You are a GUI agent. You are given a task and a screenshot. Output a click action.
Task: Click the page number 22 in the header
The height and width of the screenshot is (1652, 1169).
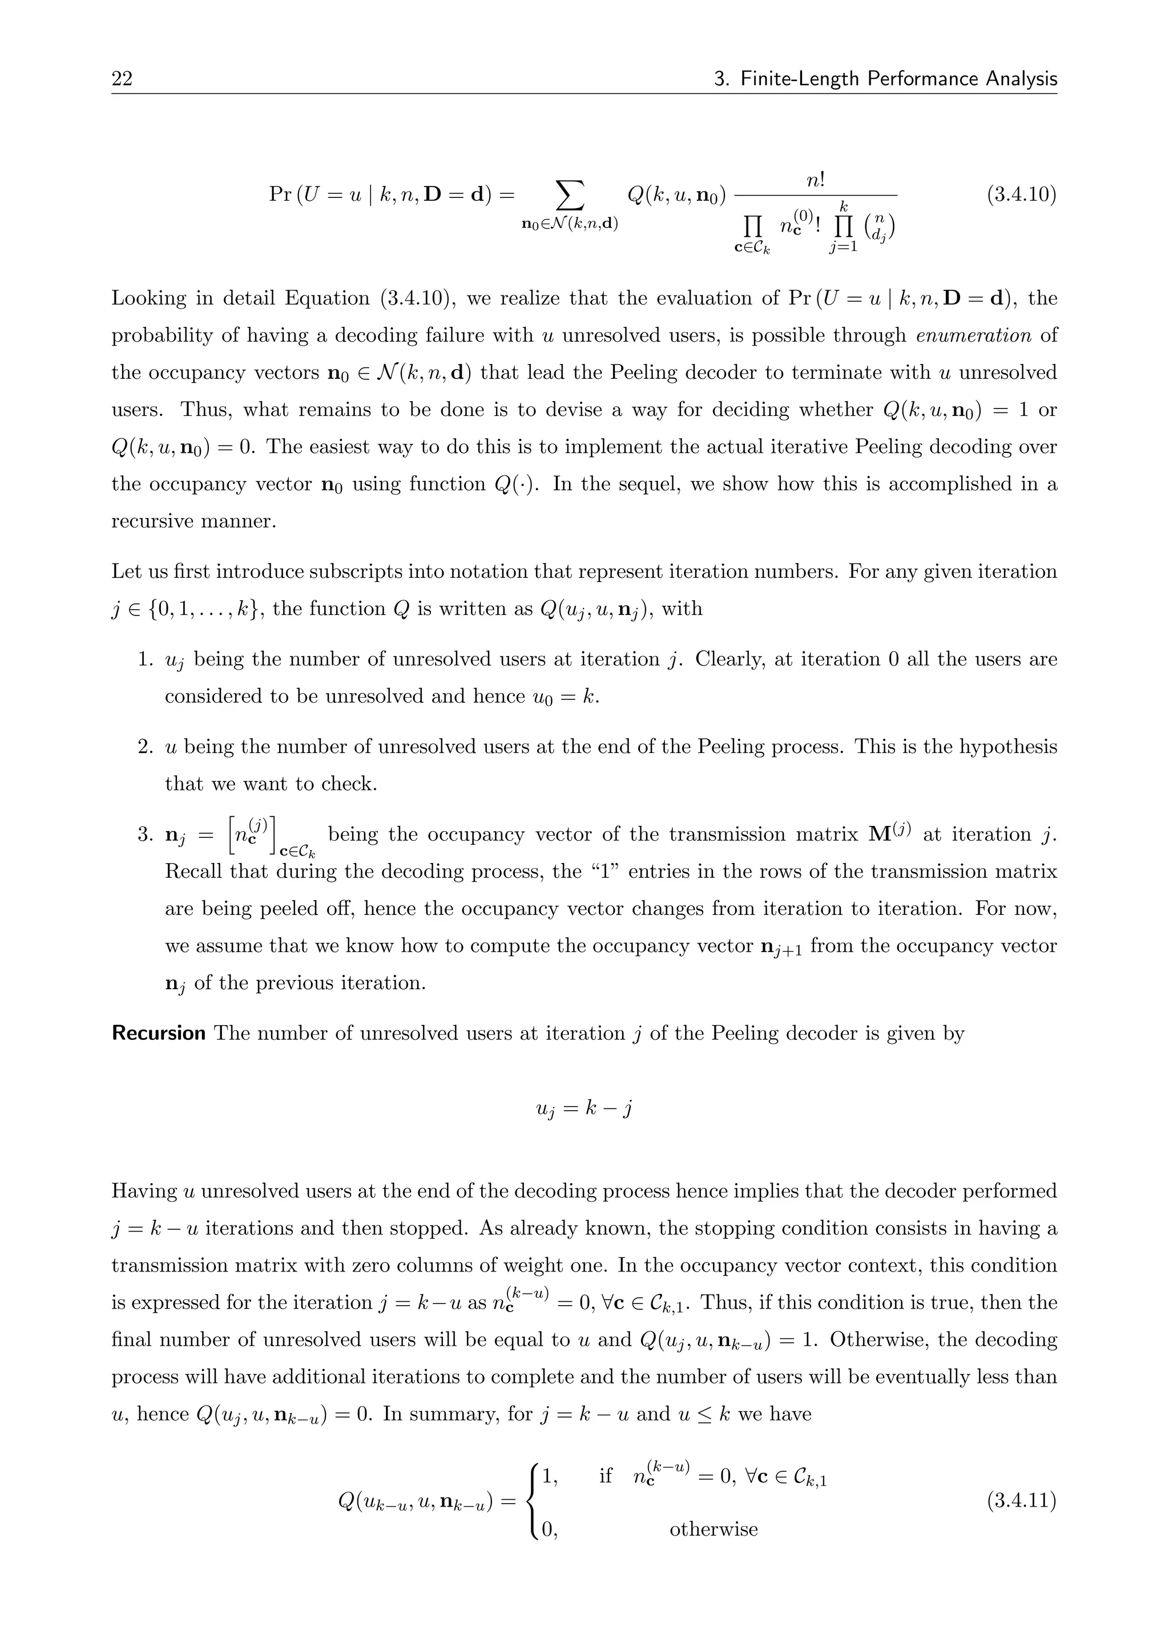[x=122, y=78]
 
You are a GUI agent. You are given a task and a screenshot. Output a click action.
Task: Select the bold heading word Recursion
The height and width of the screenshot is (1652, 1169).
[x=158, y=1034]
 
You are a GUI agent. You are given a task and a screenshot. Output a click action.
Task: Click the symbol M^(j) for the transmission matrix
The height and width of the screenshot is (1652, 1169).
[x=890, y=833]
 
